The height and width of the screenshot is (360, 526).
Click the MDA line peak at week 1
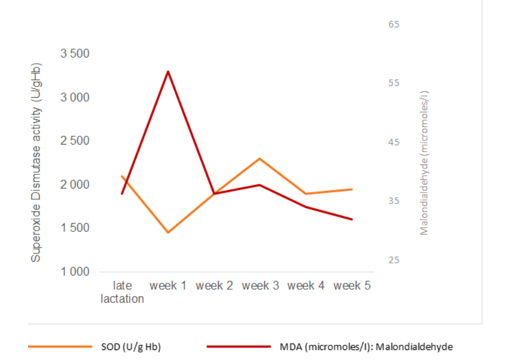(168, 71)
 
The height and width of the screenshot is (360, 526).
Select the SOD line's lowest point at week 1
(168, 232)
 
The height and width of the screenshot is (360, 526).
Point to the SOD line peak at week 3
(259, 159)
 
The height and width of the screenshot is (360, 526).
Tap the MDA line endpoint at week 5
(352, 220)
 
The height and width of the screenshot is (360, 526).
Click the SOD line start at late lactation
(122, 176)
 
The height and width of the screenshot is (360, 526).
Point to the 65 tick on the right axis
(394, 25)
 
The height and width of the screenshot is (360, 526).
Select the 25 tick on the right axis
(394, 260)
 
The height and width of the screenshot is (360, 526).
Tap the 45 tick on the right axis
(394, 142)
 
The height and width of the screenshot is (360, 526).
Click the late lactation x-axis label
(122, 292)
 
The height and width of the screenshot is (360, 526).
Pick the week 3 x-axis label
(260, 286)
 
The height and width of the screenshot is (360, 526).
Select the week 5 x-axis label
(352, 286)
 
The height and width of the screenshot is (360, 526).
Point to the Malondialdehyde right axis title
(425, 163)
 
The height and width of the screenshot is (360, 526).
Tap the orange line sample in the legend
(59, 347)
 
